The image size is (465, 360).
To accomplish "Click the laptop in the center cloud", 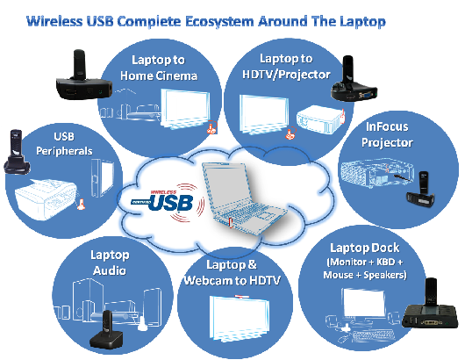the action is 243,198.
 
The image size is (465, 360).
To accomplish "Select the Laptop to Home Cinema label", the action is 158,68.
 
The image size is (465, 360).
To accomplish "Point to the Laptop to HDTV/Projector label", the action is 286,67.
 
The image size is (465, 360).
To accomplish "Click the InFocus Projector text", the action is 387,134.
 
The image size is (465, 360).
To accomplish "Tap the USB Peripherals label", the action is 64,144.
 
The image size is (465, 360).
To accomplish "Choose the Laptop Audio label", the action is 110,263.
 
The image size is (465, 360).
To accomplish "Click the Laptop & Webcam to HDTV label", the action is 232,272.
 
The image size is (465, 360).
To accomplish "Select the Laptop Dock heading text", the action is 364,248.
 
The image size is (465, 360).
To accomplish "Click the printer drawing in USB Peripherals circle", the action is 46,198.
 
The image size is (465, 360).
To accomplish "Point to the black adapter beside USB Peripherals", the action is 17,152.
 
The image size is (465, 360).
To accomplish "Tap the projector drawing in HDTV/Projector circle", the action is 320,119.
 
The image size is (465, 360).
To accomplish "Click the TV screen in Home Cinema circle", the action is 185,109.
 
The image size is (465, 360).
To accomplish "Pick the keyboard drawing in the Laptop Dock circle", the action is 374,336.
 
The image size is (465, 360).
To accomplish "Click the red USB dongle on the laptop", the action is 231,223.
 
